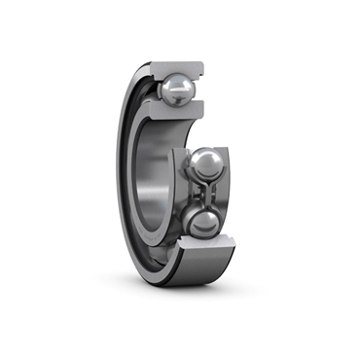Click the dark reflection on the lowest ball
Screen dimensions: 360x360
[x=209, y=230]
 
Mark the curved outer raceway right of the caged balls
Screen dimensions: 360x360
[x=231, y=195]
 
